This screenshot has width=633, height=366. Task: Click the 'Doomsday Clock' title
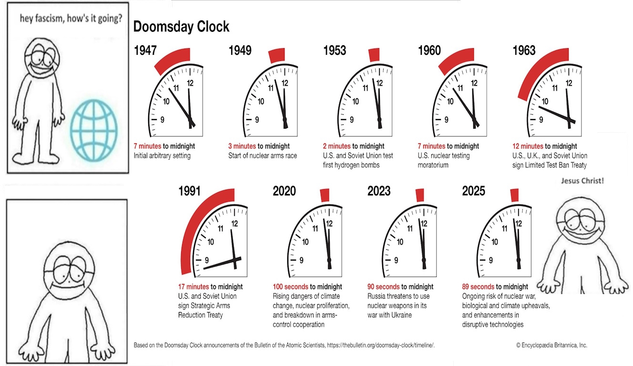click(181, 27)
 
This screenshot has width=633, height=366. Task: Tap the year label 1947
click(145, 51)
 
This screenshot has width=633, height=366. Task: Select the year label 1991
click(190, 192)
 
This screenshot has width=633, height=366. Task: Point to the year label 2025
click(473, 192)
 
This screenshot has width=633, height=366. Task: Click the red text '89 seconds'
click(478, 287)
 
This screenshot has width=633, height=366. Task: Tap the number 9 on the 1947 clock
click(163, 119)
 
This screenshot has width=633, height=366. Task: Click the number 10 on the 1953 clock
click(356, 102)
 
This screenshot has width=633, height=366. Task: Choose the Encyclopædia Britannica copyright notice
click(551, 345)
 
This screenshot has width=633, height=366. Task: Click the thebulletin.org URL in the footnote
click(381, 345)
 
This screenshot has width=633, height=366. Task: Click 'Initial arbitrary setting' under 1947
click(162, 155)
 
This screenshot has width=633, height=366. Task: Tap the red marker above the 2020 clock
click(325, 195)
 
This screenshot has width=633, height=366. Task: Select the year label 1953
click(335, 51)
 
